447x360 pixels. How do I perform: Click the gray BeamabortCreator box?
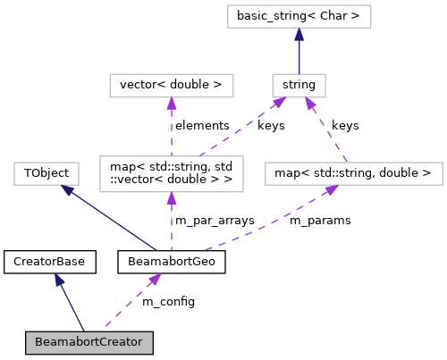(89, 342)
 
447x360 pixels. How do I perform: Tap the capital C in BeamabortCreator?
(97, 342)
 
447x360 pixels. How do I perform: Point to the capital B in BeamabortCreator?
(39, 342)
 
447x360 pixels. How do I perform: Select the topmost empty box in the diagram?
(299, 16)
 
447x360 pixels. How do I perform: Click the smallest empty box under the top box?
(299, 86)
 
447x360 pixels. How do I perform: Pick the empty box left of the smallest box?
(171, 86)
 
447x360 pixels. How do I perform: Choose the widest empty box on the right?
(353, 173)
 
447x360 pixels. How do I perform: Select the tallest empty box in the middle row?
(171, 173)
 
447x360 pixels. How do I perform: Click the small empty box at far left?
(46, 173)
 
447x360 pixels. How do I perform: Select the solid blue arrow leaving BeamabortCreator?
(70, 303)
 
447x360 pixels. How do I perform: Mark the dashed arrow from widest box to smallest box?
(326, 130)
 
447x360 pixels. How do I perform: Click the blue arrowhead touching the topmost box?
(299, 35)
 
